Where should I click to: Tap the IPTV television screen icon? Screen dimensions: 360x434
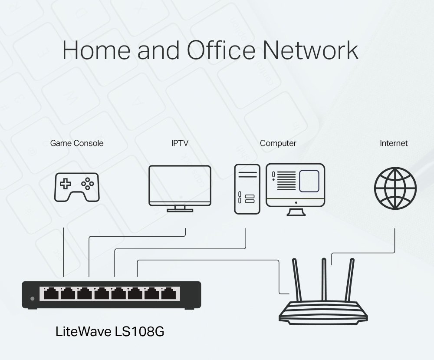coord(180,186)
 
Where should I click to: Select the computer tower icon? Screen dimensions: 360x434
coord(247,189)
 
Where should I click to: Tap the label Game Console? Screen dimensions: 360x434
coord(77,143)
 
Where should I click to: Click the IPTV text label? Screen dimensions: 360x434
coord(180,143)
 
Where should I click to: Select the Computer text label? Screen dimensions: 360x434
coord(278,143)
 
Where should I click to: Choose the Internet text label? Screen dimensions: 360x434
coord(394,143)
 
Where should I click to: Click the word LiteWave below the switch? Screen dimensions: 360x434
coord(83,332)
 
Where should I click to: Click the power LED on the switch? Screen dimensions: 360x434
coord(32,298)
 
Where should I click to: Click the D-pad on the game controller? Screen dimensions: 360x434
coord(66,184)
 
